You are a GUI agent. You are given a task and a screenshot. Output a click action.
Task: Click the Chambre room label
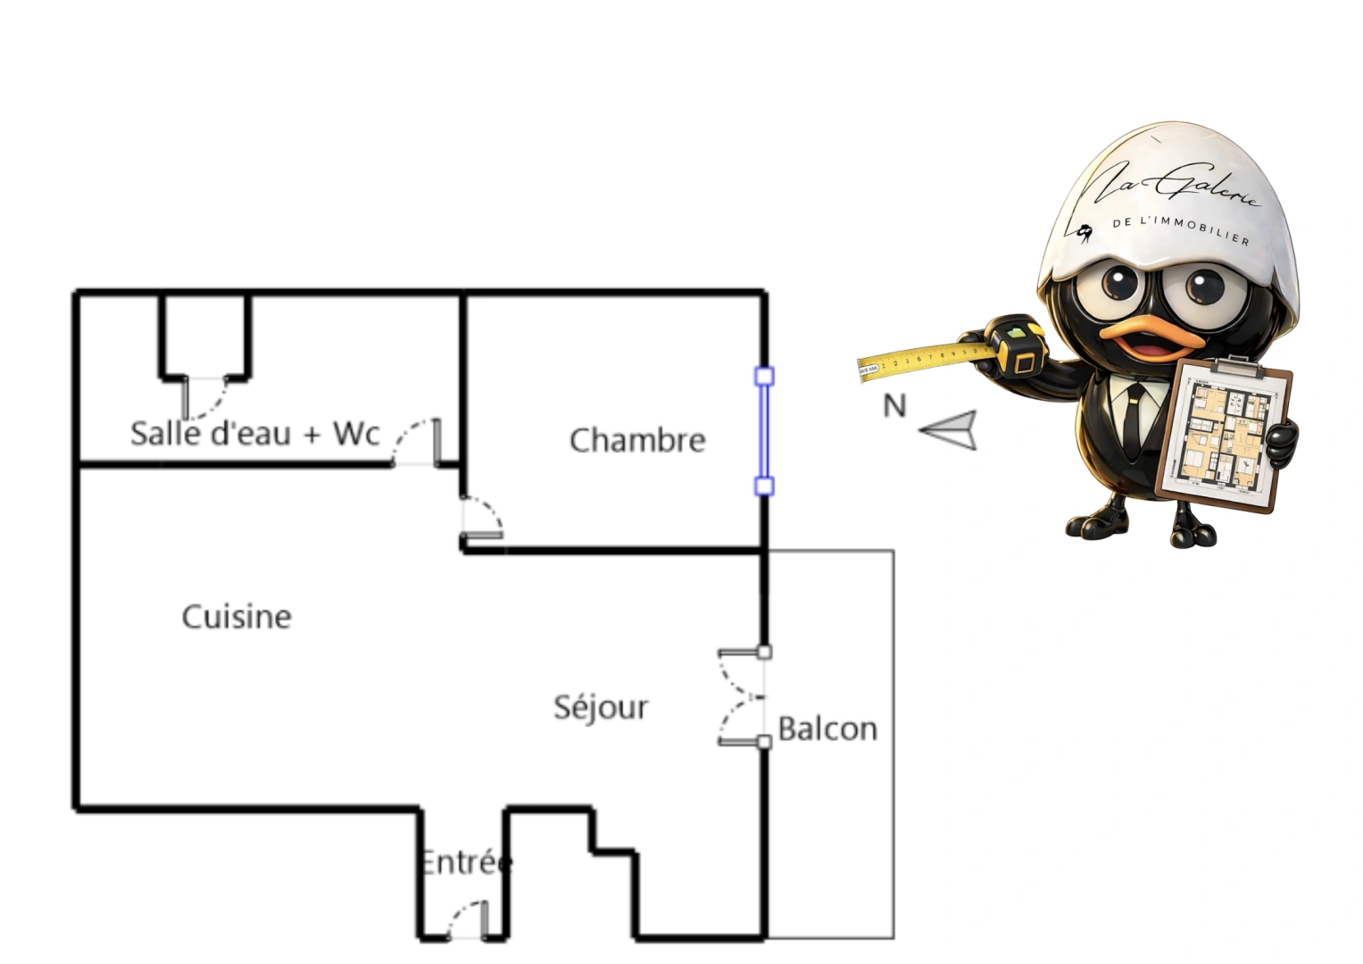637,440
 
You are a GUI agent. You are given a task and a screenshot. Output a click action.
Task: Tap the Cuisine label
237,617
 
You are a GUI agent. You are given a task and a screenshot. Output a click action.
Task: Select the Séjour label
601,707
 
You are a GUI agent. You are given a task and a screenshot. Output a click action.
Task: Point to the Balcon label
827,729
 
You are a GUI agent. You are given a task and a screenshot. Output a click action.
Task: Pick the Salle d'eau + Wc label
255,434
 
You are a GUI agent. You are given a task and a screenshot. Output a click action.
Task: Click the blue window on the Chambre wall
764,430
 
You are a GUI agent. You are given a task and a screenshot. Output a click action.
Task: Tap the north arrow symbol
950,430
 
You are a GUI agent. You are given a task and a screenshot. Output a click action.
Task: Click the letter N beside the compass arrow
894,406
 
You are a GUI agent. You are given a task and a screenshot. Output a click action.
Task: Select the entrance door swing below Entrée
467,921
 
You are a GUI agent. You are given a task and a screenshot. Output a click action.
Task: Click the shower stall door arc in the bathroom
205,397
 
